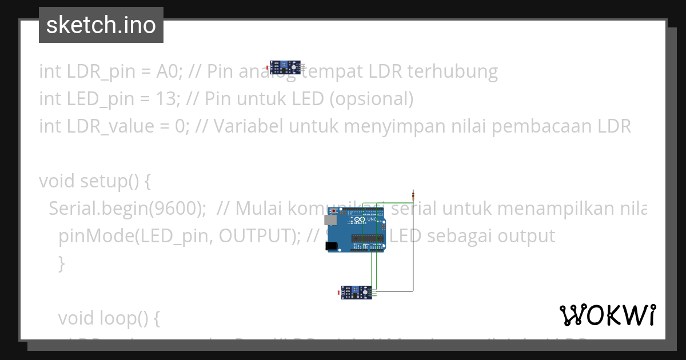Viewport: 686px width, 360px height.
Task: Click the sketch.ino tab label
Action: pos(101,25)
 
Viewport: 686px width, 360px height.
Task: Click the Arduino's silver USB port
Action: pos(330,219)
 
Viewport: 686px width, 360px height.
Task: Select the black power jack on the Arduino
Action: pos(331,246)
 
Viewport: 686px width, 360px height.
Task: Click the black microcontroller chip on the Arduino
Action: pos(365,238)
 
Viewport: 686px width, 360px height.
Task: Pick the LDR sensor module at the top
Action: pos(285,67)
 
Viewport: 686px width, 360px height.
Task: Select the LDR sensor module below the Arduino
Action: pos(356,293)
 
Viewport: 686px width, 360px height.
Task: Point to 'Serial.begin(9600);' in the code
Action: pos(127,209)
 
